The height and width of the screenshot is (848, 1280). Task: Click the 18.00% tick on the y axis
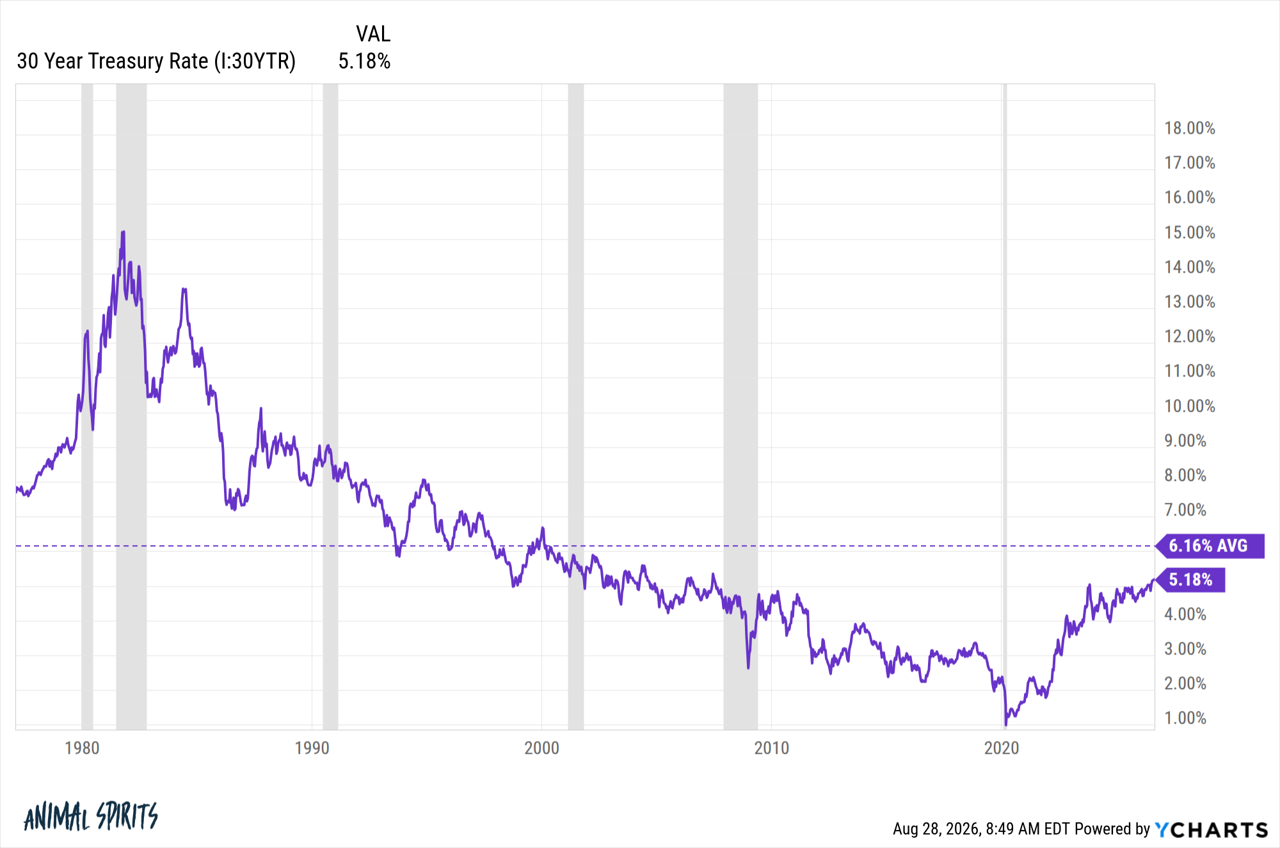1189,128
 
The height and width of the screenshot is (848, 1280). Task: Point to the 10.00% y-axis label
1189,406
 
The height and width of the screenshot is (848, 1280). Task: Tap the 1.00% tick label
1185,718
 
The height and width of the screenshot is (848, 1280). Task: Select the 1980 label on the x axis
82,748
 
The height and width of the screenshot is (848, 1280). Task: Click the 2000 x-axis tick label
541,748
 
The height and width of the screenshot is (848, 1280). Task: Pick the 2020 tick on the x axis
1002,748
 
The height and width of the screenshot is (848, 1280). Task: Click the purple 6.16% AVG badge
1210,546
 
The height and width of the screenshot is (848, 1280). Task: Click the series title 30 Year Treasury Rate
112,61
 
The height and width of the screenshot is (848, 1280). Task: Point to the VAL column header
373,33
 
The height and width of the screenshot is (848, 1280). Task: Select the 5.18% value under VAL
364,61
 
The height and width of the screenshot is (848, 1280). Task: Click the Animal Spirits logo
91,816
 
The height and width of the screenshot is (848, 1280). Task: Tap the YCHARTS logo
1212,829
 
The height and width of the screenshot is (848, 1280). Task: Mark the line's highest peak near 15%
123,232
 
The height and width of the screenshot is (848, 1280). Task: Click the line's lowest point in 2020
1005,724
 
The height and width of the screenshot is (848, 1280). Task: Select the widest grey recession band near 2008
740,407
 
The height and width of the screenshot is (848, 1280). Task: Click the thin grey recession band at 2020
1005,407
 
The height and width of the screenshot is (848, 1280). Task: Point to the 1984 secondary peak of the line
184,289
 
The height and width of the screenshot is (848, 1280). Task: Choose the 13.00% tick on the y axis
1189,302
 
